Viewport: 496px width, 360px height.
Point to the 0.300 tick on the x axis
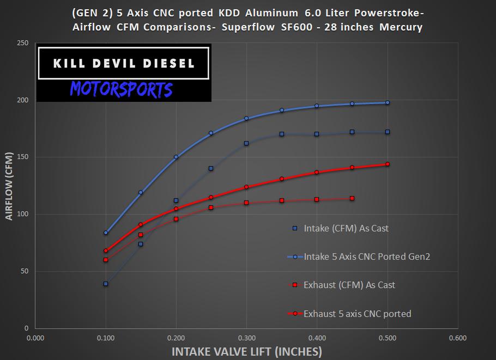(246, 338)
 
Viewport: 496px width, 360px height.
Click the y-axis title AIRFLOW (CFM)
(9, 186)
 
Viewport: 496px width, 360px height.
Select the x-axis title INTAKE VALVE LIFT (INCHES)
(247, 351)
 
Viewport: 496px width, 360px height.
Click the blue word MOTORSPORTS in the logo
(121, 89)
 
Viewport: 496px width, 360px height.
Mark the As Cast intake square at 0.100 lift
(106, 284)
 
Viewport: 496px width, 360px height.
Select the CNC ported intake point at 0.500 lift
(388, 102)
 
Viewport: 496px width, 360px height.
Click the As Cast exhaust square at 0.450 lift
(352, 198)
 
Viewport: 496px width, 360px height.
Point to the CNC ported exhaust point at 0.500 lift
(388, 164)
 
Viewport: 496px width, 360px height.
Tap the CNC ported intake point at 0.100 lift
(106, 233)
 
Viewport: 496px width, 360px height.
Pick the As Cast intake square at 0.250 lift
(211, 168)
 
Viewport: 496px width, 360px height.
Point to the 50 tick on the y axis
(25, 271)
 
